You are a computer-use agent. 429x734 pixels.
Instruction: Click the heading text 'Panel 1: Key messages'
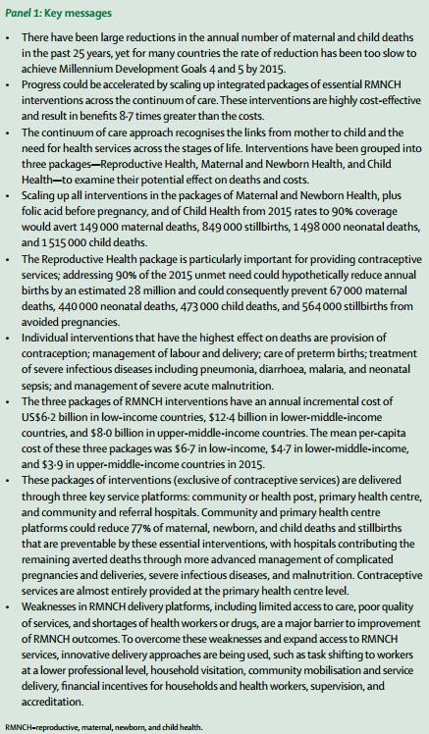(60, 12)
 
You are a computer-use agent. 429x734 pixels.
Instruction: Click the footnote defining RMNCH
(103, 726)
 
